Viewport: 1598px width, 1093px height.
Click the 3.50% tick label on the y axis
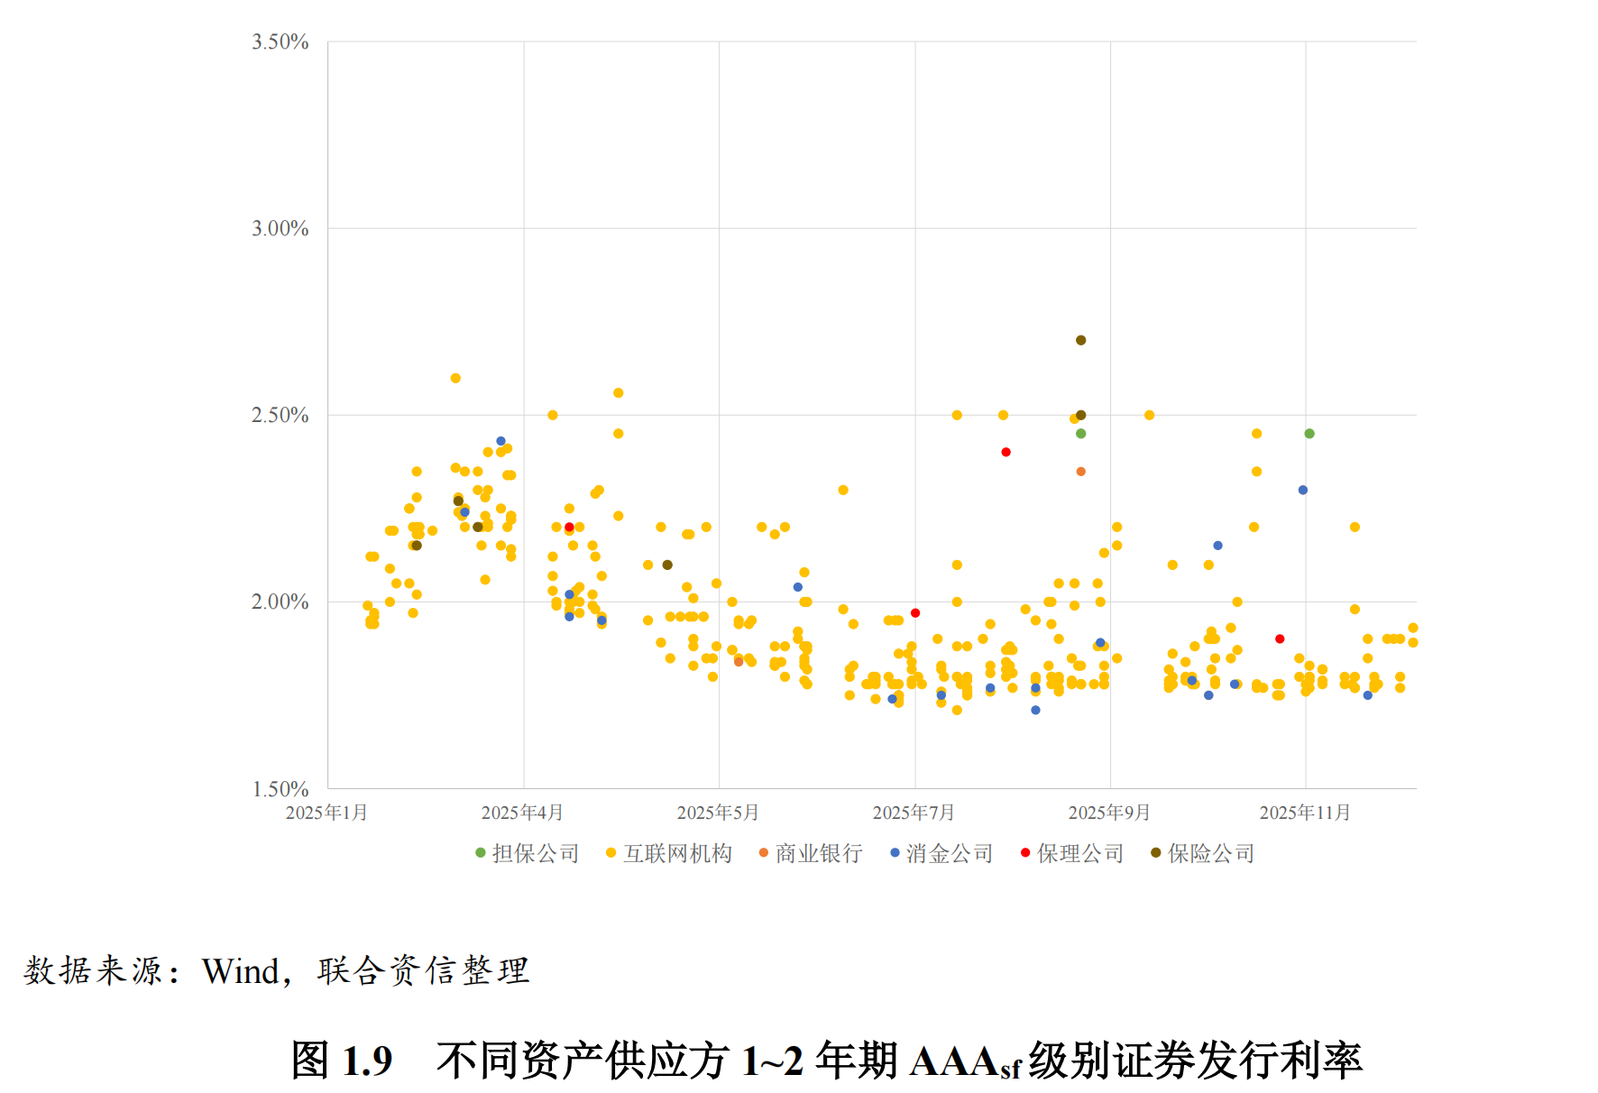coord(280,42)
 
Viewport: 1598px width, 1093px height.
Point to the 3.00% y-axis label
coord(280,229)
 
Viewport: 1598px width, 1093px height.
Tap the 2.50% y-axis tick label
coord(280,416)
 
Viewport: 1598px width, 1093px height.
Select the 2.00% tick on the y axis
coord(280,602)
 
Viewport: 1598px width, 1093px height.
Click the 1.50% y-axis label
coord(280,789)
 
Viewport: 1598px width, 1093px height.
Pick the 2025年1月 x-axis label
coord(326,813)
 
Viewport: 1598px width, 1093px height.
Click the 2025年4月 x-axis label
coord(522,813)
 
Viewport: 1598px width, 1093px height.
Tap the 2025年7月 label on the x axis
coord(914,813)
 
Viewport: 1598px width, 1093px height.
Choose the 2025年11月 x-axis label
coord(1305,813)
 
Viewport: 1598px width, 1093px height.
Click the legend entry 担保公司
coord(535,853)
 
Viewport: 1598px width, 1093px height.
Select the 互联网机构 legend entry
coord(677,853)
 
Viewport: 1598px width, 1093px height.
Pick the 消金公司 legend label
coord(950,853)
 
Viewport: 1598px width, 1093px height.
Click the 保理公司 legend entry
coord(1080,853)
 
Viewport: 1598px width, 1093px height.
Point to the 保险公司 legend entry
coord(1211,853)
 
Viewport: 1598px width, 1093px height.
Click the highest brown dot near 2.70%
coord(1080,340)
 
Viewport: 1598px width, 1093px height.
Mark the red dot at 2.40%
coord(1006,452)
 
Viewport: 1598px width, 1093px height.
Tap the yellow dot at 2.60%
coord(455,378)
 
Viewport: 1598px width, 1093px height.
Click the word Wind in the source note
coord(240,971)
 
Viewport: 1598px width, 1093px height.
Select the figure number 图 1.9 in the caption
coord(342,1061)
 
